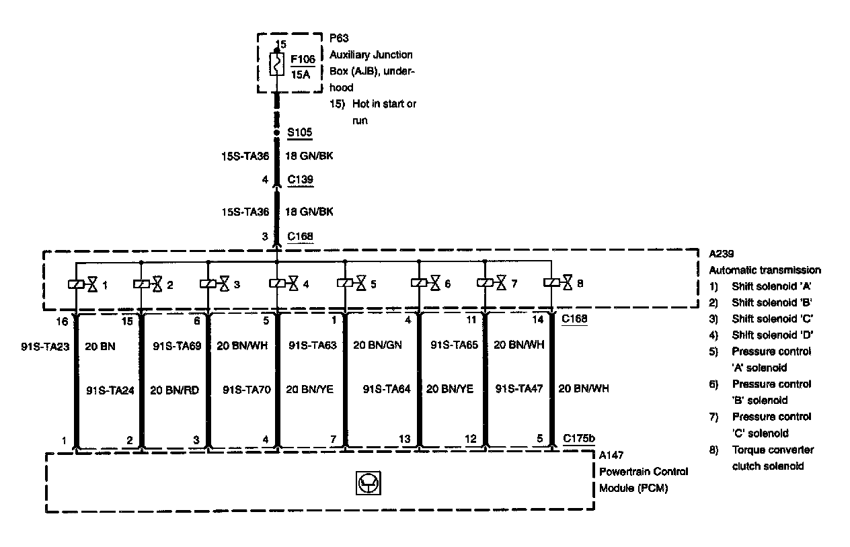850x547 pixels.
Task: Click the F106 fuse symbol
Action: [276, 65]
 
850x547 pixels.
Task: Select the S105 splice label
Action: [299, 132]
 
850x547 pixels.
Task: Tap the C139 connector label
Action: [299, 180]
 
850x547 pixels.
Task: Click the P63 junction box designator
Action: [339, 38]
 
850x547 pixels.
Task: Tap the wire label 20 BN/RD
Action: [173, 389]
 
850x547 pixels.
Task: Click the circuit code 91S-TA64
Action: [387, 389]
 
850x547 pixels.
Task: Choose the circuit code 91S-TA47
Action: [519, 389]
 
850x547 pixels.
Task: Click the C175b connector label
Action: [578, 439]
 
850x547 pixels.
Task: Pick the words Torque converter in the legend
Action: [773, 450]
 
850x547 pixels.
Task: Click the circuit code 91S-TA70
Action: [246, 389]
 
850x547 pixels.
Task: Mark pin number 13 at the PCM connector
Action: [404, 439]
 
